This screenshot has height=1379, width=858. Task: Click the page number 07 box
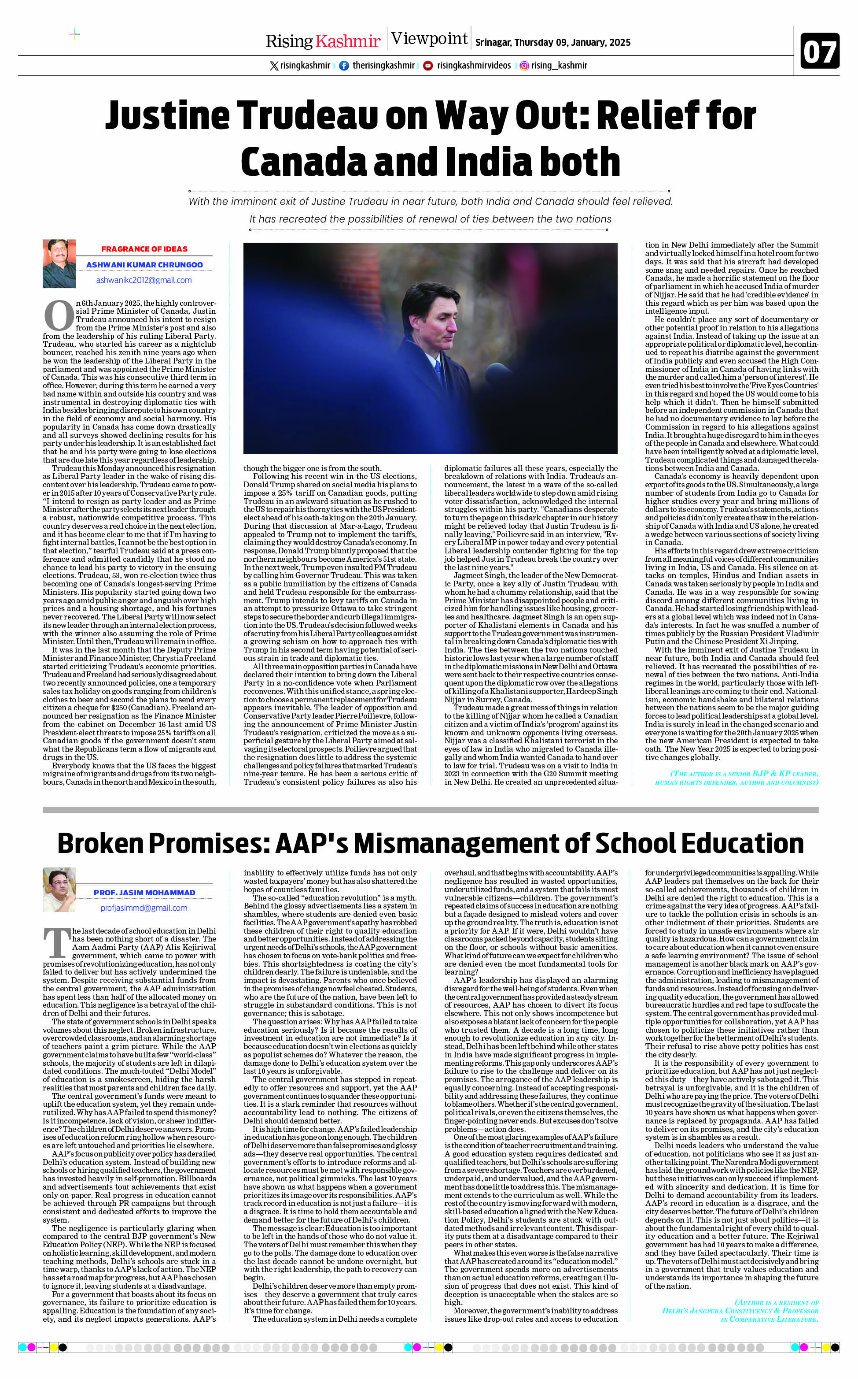[x=819, y=52]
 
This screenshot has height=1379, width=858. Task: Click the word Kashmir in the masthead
[x=347, y=41]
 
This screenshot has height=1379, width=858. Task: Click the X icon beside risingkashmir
[x=274, y=66]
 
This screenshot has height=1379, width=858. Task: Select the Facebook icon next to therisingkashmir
[x=344, y=66]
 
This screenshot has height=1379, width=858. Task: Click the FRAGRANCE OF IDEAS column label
[x=144, y=248]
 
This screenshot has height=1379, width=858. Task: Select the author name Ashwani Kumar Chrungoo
[x=144, y=264]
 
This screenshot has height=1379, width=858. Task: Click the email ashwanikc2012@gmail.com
[x=144, y=280]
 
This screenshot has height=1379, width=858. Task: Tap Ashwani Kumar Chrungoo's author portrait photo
[x=59, y=263]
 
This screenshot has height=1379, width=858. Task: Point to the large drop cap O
[x=59, y=315]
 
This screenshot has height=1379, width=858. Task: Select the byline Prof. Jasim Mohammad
[x=144, y=893]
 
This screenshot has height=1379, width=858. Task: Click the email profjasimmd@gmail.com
[x=144, y=908]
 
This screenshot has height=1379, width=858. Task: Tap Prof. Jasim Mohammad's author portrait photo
[x=59, y=890]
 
